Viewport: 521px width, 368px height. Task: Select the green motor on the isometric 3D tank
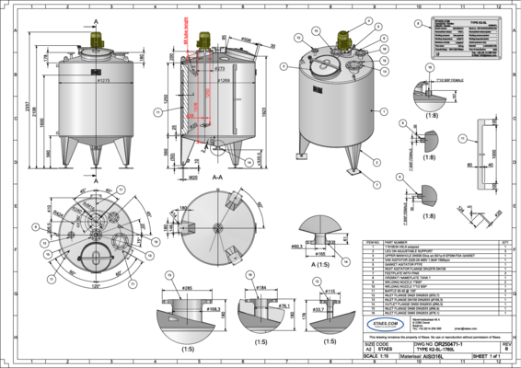[x=347, y=40]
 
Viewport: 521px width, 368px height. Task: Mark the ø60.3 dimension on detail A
[x=297, y=247]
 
